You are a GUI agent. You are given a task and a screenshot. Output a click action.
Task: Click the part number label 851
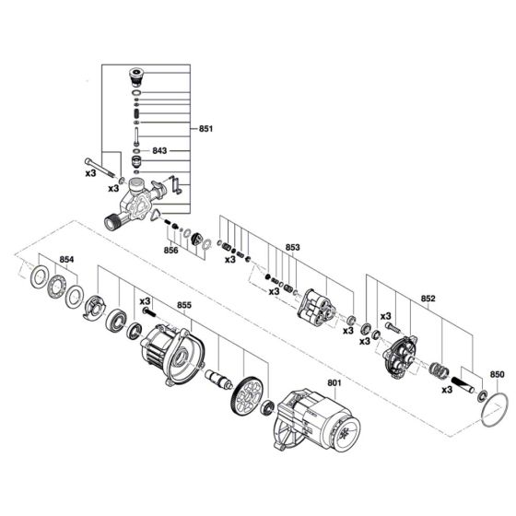coord(205,129)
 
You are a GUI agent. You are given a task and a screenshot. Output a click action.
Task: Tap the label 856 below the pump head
coord(170,250)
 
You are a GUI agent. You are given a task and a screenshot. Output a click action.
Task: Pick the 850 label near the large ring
coord(497,374)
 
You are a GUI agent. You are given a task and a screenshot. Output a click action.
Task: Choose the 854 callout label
coord(65,261)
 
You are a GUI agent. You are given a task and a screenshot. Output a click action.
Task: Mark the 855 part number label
coord(183,304)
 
